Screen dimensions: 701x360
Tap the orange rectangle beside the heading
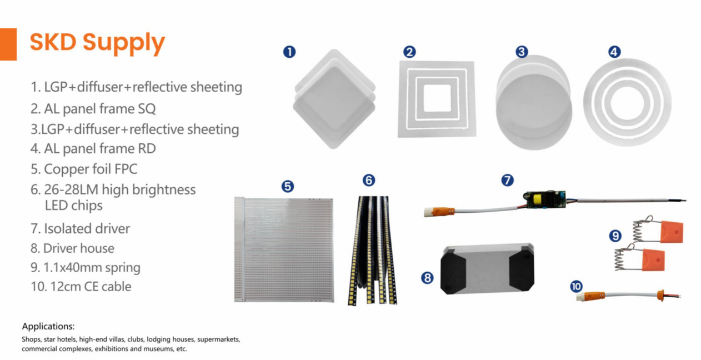[x=8, y=44]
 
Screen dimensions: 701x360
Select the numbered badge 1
[x=289, y=52]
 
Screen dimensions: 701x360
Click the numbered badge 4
[x=614, y=52]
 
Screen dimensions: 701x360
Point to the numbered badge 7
[x=507, y=180]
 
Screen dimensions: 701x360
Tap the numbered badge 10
[x=576, y=286]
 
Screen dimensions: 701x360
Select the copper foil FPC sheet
[x=284, y=249]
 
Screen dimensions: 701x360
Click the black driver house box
[x=487, y=269]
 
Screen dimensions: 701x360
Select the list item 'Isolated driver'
[x=80, y=228]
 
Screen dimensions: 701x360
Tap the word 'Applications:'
[x=48, y=327]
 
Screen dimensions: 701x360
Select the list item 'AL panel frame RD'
[x=93, y=149]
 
